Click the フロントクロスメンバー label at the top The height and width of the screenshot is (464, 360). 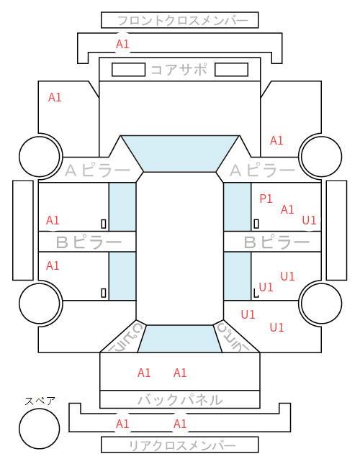[183, 21]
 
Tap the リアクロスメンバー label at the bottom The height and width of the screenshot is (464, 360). [182, 445]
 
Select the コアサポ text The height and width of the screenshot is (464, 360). [179, 70]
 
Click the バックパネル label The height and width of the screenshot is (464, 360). [180, 400]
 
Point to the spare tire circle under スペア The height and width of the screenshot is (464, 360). [40, 429]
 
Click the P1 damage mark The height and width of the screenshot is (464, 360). [266, 199]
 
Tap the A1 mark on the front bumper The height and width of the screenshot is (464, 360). [122, 45]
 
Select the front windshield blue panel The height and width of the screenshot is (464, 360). [180, 153]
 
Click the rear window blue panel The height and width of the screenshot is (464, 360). [180, 339]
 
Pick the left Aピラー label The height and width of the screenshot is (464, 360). [97, 170]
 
